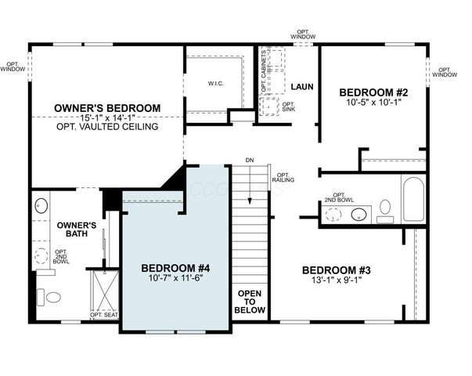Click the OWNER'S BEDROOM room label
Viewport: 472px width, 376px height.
107,107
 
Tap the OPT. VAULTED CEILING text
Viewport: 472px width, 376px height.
107,126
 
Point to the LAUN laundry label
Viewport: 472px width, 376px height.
301,85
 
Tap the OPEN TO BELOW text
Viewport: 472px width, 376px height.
250,301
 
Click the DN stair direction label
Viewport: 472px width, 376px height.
250,160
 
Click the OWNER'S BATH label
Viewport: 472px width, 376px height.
77,230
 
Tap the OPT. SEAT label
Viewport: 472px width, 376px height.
104,315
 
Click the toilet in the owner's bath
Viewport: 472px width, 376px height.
52,296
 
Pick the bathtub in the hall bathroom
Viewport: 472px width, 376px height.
413,199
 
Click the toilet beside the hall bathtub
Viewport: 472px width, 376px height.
385,209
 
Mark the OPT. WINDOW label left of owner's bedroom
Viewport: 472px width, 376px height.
13,67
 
